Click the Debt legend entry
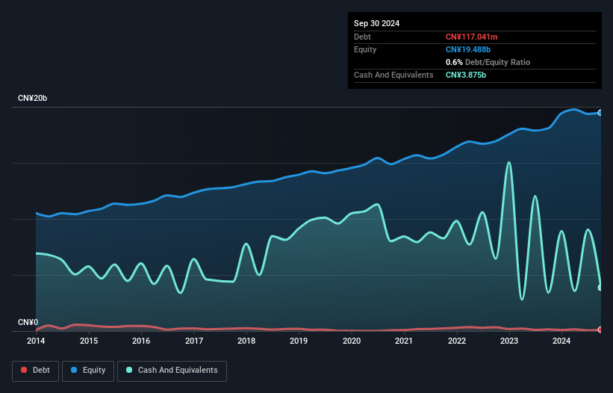point(35,370)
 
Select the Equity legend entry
point(87,370)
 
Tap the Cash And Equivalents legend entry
point(172,370)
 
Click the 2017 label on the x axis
point(193,341)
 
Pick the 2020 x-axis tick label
point(351,341)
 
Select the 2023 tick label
point(509,341)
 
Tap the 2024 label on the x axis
point(561,341)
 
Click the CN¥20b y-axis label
point(34,99)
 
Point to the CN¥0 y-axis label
point(28,323)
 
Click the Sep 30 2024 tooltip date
point(377,23)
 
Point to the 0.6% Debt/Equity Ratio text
point(488,62)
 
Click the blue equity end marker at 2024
point(600,112)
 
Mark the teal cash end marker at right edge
point(600,287)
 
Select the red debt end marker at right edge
point(600,329)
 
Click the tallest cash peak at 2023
point(509,162)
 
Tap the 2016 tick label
point(141,341)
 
